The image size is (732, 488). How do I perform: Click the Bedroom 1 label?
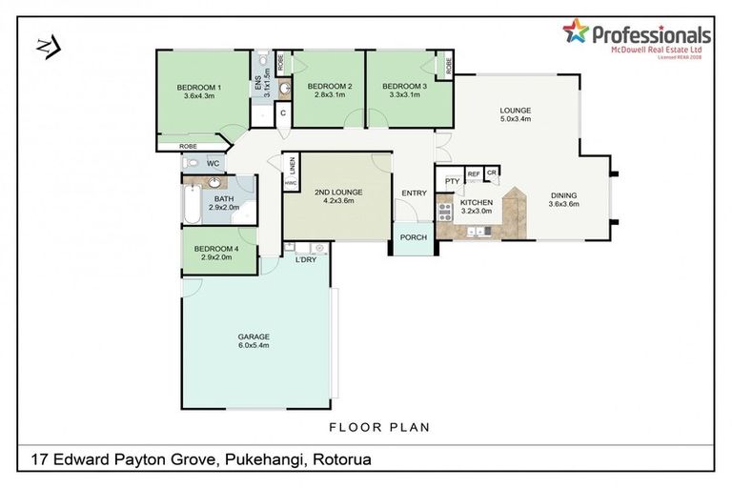point(200,88)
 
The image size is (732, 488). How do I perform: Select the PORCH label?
point(413,237)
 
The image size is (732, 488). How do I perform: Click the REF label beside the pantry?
point(473,173)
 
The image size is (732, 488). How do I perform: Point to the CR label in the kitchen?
point(492,173)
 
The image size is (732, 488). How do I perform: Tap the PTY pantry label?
point(452,181)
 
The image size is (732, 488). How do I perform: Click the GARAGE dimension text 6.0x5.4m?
point(254,345)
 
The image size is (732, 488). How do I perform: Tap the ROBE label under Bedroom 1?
point(190,146)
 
